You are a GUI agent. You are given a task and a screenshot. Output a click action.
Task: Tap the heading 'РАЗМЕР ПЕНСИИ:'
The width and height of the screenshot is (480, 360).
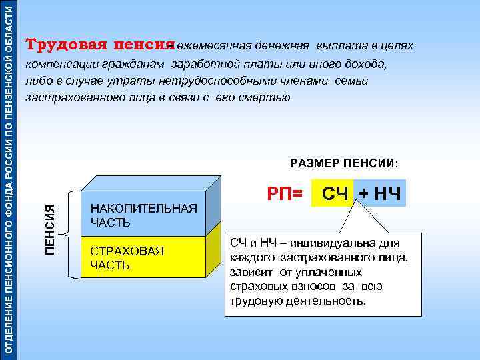pyautogui.click(x=344, y=163)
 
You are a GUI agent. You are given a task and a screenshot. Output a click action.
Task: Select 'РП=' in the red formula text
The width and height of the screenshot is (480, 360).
pyautogui.click(x=285, y=193)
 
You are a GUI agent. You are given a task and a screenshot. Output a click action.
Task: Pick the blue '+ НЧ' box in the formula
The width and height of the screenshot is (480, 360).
pyautogui.click(x=379, y=194)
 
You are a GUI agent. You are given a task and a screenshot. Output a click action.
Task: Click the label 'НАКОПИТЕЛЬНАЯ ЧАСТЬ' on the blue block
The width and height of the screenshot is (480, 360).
pyautogui.click(x=143, y=215)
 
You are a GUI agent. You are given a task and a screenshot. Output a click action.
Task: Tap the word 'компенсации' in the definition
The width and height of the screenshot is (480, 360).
pyautogui.click(x=60, y=65)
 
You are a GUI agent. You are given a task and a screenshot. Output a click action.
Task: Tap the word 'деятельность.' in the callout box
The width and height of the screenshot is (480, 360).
pyautogui.click(x=332, y=301)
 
